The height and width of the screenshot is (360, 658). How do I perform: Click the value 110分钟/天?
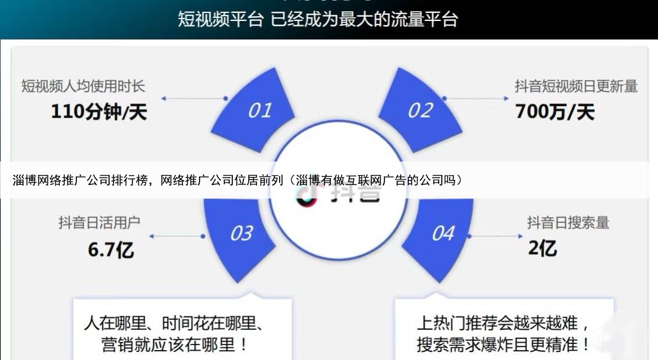click(99, 112)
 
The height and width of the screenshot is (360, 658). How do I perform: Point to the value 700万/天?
click(554, 112)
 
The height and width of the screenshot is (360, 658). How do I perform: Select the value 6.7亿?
click(111, 250)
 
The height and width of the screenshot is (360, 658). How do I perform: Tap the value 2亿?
click(543, 248)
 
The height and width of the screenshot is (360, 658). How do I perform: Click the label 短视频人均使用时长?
click(83, 86)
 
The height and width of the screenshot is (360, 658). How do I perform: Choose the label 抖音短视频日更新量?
click(576, 86)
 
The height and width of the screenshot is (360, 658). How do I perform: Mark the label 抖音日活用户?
click(99, 223)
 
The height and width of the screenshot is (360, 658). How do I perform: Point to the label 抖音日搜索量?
click(567, 223)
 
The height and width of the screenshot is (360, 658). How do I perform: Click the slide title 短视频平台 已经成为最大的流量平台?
click(318, 18)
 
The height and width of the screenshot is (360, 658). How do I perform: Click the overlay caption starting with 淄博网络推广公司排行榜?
click(237, 180)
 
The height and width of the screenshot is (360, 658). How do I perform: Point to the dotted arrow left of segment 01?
click(195, 98)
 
